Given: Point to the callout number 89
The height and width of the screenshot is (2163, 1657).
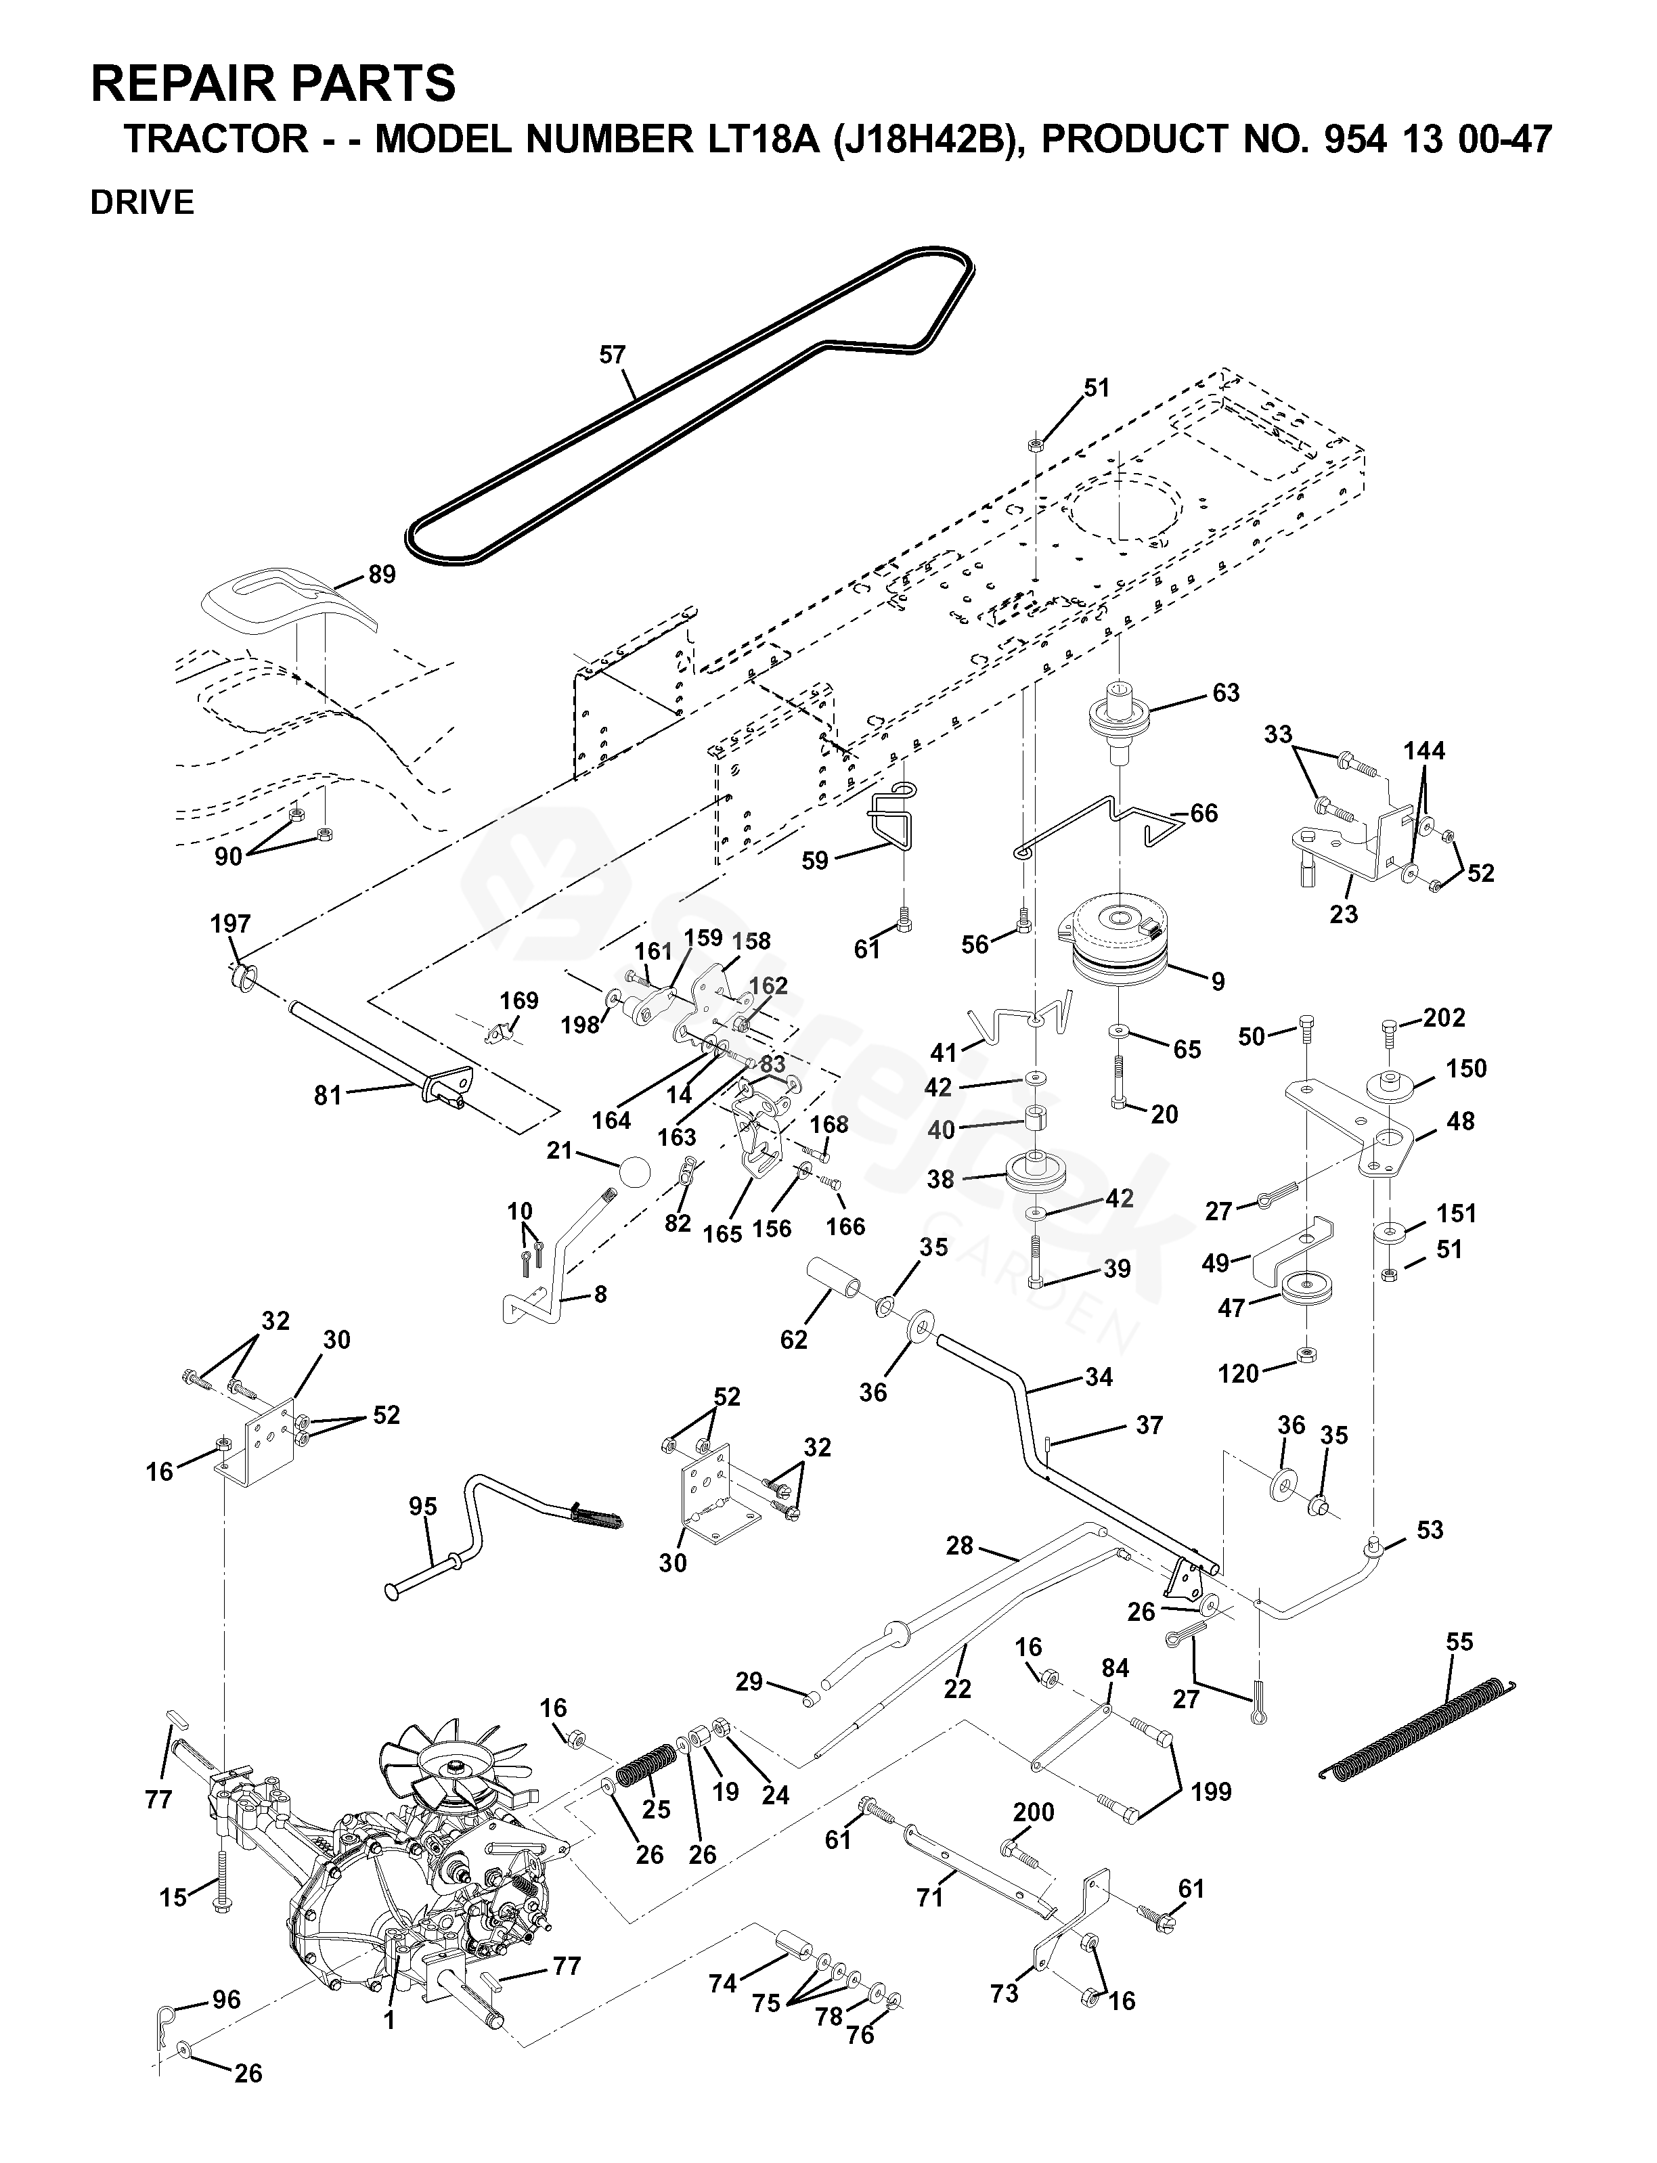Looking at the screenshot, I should [382, 574].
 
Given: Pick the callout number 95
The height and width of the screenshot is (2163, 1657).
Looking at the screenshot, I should [423, 1506].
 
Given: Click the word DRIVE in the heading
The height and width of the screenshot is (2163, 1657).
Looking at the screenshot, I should [142, 203].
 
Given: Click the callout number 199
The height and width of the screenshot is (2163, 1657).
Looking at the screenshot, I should [1211, 1791].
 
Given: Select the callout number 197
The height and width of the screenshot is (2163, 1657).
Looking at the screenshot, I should [231, 924].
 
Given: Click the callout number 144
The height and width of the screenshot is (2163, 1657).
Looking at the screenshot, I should [1424, 752].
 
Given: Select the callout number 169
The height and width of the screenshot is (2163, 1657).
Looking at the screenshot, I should [518, 1001].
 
